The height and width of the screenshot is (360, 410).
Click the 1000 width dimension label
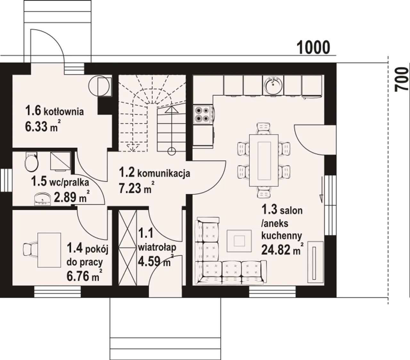point(313,47)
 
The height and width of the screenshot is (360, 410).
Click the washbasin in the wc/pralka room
point(42,199)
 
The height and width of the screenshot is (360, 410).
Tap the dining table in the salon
point(264,160)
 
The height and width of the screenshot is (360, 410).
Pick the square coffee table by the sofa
point(239,241)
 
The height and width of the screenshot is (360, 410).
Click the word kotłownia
point(64,112)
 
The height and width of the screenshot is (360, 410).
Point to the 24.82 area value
point(277,250)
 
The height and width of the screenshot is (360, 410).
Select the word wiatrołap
point(157,248)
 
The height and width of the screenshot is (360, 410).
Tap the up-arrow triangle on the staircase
point(172,109)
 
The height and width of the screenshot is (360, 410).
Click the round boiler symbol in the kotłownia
point(99,86)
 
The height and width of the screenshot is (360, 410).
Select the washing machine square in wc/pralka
point(60,161)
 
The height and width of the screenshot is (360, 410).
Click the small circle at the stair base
point(172,151)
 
